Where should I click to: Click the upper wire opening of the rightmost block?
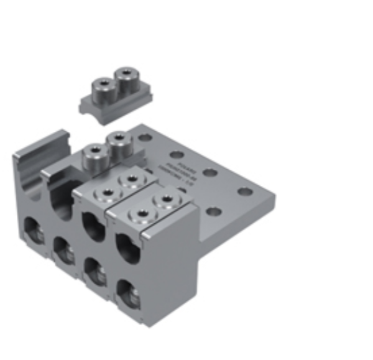pyautogui.click(x=127, y=246)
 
